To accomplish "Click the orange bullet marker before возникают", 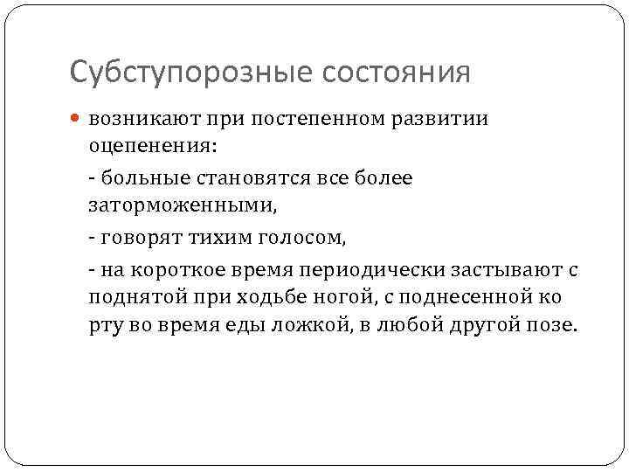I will point(76,118).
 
